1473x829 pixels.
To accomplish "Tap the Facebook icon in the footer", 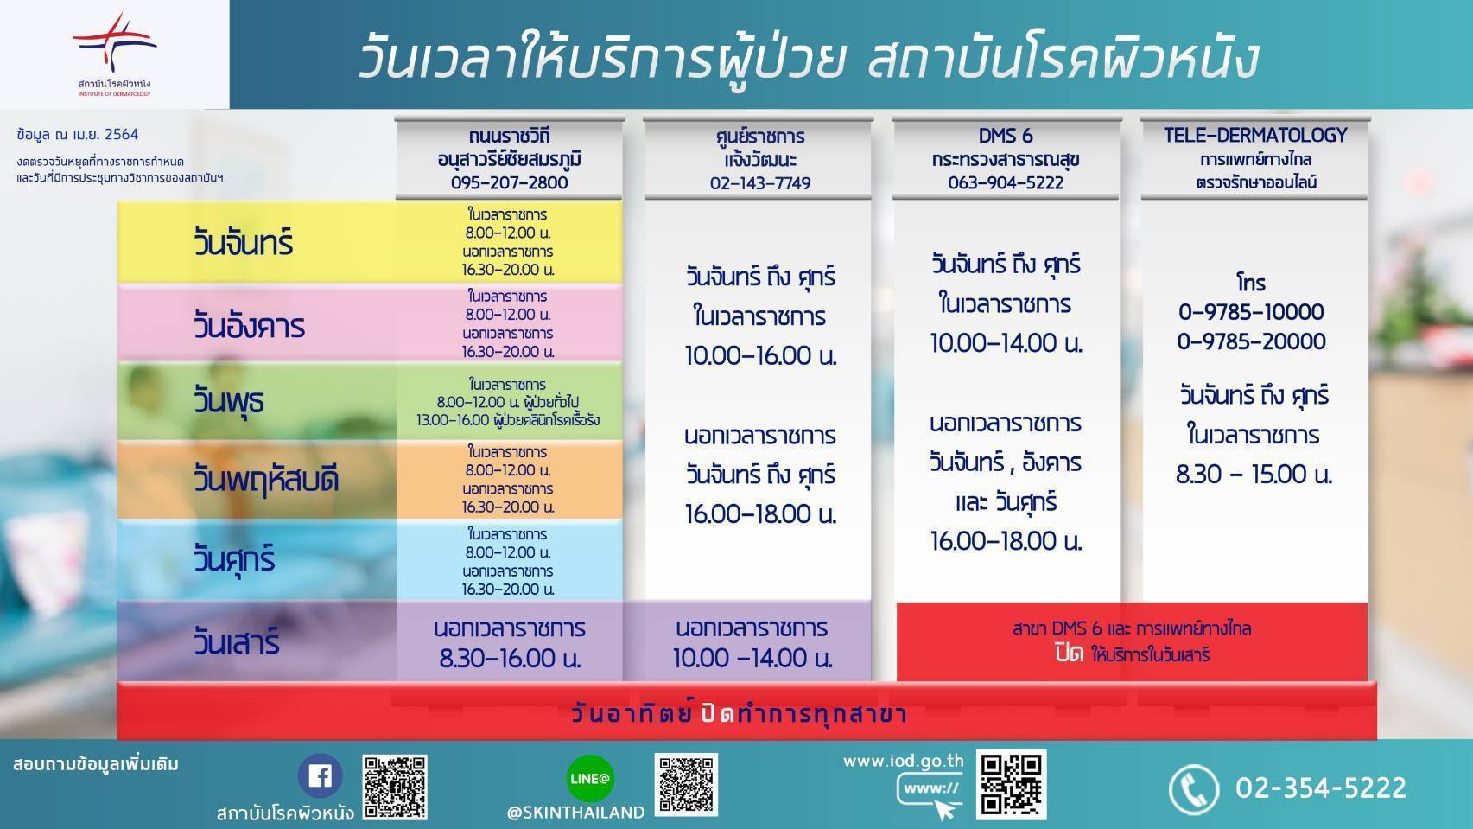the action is pos(321,775).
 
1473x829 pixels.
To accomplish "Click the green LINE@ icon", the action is pos(590,778).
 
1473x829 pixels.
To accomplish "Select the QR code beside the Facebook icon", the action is pos(395,787).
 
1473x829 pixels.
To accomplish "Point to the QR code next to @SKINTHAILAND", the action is pos(686,784).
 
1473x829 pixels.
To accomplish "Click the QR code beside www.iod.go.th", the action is pos(1011,784).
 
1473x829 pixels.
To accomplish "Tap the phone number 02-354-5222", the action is pos(1320,788).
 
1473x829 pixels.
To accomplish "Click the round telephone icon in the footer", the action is pos(1194,789).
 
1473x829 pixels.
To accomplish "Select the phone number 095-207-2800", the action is pos(510,182).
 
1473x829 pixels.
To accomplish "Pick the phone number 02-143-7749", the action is pos(760,183).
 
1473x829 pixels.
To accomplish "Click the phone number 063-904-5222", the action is pos(1006,182).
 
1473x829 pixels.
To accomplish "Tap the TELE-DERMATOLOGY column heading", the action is pos(1255,135).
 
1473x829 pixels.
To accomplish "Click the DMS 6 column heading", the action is pos(1006,136).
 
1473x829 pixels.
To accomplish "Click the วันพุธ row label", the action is pos(229,400).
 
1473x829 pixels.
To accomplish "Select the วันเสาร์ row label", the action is pos(236,641).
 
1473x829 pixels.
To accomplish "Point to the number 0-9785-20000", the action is pos(1251,341).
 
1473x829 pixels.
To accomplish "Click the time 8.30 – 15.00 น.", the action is pos(1254,475).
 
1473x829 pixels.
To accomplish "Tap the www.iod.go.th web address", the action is pos(904,762).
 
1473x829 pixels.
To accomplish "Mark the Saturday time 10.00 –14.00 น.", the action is pos(752,658).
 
